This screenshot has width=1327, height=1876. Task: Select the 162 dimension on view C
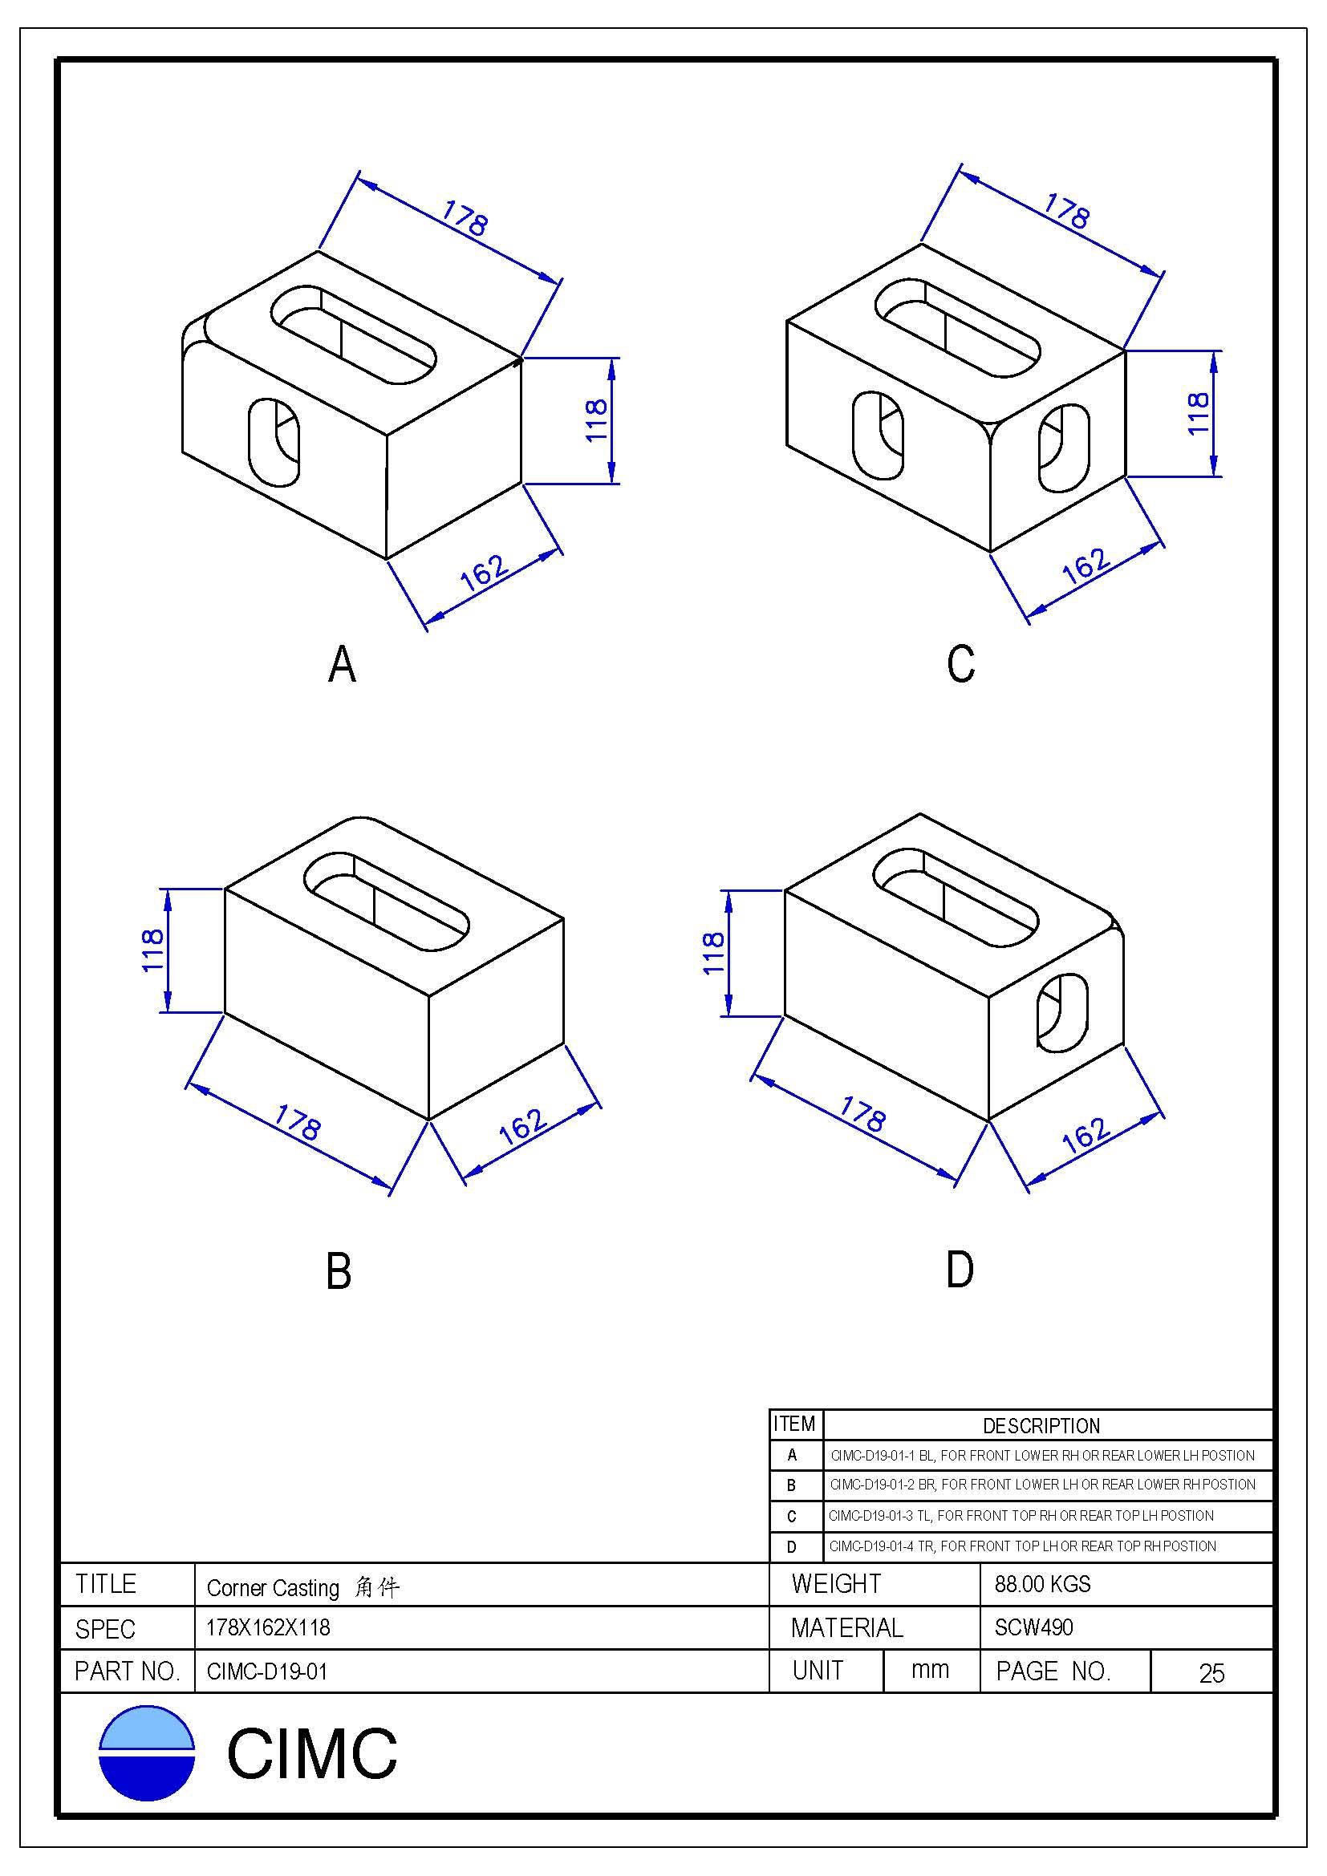pos(1086,564)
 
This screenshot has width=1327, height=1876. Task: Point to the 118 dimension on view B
pos(153,950)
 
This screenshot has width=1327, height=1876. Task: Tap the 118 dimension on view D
pos(713,953)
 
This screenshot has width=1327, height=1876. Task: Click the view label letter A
pos(343,664)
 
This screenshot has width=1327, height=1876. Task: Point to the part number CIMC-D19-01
pos(267,1671)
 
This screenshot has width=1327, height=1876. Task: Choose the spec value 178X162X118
pos(268,1627)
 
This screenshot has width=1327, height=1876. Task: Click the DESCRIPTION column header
pos(1041,1426)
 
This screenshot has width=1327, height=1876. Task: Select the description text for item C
pos(1021,1516)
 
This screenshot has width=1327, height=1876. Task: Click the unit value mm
pos(930,1670)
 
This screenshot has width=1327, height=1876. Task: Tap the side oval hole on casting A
pos(274,441)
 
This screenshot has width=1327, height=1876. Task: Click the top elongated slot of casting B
pos(387,902)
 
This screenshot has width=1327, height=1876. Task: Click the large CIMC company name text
pos(311,1753)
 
